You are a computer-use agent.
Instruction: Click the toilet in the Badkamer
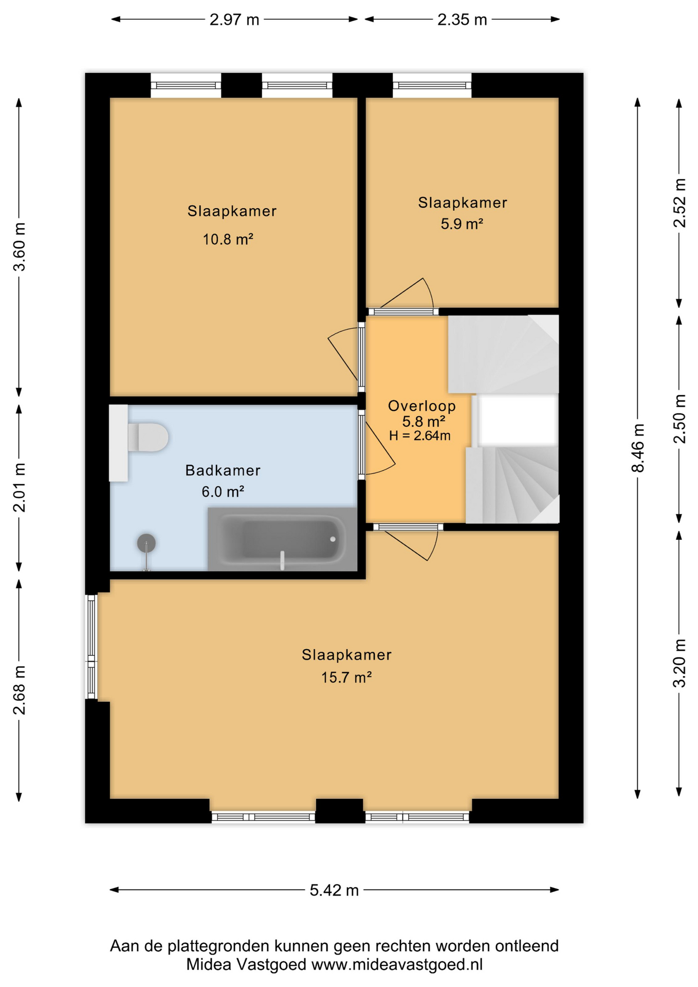(x=148, y=437)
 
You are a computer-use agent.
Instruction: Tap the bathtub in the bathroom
(x=282, y=539)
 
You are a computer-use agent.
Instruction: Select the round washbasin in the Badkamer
(x=146, y=543)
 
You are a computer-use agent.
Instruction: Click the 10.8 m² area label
(x=228, y=240)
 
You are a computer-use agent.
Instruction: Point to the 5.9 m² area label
(x=462, y=224)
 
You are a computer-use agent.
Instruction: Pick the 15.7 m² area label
(x=346, y=678)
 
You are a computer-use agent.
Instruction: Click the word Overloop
(x=422, y=406)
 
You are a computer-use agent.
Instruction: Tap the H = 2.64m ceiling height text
(x=420, y=436)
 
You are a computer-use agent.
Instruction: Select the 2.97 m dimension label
(x=234, y=20)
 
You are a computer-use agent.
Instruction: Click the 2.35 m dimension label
(x=462, y=20)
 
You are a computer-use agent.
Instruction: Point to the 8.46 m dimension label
(x=638, y=448)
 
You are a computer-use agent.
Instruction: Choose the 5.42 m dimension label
(x=334, y=890)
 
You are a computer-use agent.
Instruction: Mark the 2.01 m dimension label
(x=19, y=487)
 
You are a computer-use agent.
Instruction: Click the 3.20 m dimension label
(x=679, y=663)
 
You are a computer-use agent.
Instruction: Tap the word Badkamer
(x=223, y=470)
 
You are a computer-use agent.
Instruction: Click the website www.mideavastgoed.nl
(x=397, y=964)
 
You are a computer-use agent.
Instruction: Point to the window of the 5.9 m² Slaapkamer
(x=432, y=85)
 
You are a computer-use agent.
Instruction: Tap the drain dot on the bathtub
(x=333, y=539)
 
